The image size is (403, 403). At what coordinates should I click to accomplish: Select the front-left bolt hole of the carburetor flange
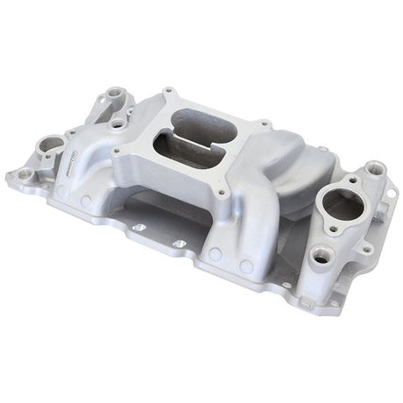(x=117, y=151)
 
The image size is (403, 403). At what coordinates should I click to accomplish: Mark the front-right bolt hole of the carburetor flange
(x=219, y=193)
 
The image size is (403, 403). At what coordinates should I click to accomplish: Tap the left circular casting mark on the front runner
(x=213, y=256)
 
